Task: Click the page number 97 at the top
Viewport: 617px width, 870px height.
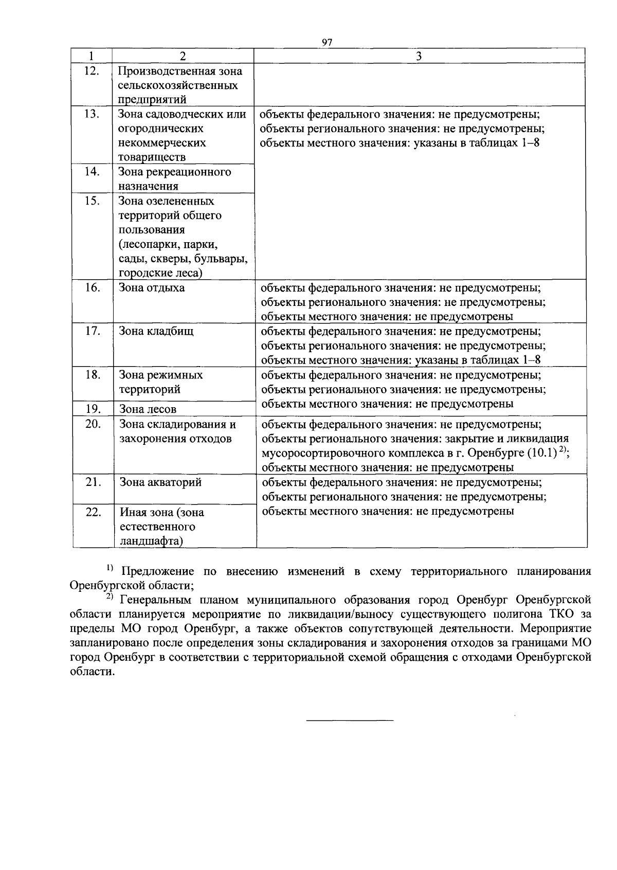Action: tap(326, 42)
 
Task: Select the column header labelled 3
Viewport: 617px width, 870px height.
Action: tap(419, 56)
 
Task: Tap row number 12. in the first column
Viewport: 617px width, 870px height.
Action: tap(91, 71)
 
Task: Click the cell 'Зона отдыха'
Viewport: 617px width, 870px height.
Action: tap(152, 288)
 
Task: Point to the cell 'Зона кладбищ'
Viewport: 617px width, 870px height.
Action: tap(156, 331)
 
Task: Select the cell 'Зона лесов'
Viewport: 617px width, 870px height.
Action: tap(148, 409)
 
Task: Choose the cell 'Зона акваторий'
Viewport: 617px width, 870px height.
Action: tap(160, 482)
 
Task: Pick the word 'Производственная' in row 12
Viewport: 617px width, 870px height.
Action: tap(160, 71)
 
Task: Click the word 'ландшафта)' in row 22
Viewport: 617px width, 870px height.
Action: tap(152, 541)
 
